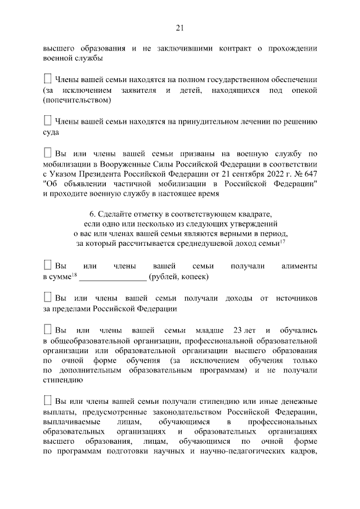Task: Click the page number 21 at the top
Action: (x=180, y=28)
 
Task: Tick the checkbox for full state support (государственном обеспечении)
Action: (x=47, y=79)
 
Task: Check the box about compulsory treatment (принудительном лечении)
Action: (x=47, y=121)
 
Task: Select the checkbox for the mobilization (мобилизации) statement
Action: (x=47, y=153)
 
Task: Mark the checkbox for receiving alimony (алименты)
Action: (x=47, y=265)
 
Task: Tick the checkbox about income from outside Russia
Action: (x=47, y=297)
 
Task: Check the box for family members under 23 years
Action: (x=47, y=329)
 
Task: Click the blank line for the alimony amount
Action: (x=112, y=278)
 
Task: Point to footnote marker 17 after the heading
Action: (x=283, y=241)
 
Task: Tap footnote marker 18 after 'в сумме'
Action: (x=74, y=275)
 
